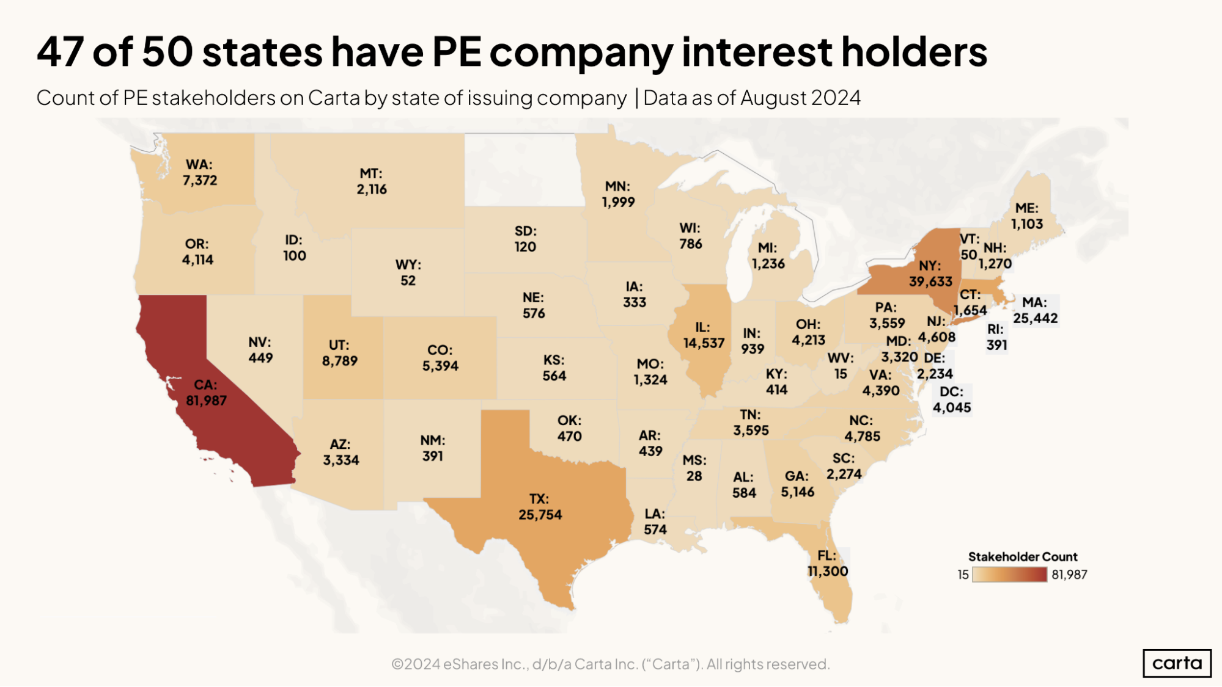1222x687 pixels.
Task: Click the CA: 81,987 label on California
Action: pyautogui.click(x=206, y=393)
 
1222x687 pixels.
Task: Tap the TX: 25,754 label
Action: pyautogui.click(x=540, y=507)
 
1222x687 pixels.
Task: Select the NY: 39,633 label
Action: pyautogui.click(x=930, y=274)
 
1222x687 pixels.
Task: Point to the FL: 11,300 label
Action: pyautogui.click(x=827, y=563)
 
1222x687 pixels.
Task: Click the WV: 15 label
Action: pyautogui.click(x=841, y=366)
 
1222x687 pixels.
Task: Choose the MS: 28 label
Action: pyautogui.click(x=694, y=468)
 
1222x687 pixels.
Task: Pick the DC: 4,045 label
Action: pyautogui.click(x=951, y=399)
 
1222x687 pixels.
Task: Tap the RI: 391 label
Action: pyautogui.click(x=996, y=337)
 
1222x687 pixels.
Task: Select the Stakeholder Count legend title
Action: pyautogui.click(x=1022, y=556)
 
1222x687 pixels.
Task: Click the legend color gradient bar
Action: pyautogui.click(x=1009, y=575)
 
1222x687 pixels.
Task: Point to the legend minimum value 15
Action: pyautogui.click(x=963, y=575)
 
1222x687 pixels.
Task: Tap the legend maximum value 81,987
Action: pyautogui.click(x=1069, y=575)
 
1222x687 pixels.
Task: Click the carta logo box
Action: pyautogui.click(x=1177, y=663)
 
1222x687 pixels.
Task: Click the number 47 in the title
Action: pyautogui.click(x=60, y=51)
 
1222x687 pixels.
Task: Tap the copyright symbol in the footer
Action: pyautogui.click(x=397, y=664)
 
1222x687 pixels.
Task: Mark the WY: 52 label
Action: pyautogui.click(x=408, y=272)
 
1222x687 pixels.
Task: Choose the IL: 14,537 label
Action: pyautogui.click(x=704, y=335)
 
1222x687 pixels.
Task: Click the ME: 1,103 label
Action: pyautogui.click(x=1026, y=216)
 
